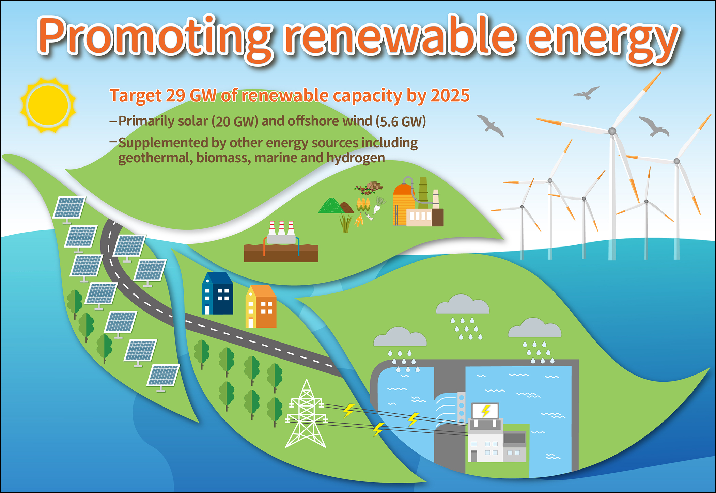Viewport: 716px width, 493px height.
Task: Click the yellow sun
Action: pyautogui.click(x=48, y=105)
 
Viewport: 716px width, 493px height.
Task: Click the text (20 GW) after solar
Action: pyautogui.click(x=235, y=122)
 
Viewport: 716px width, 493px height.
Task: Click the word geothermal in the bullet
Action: pyautogui.click(x=155, y=158)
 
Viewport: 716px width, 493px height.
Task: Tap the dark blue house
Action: pyautogui.click(x=218, y=293)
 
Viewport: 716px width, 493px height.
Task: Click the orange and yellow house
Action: pyautogui.click(x=261, y=306)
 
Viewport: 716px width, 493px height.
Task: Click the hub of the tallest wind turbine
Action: pyautogui.click(x=612, y=131)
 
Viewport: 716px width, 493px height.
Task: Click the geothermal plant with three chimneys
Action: pyautogui.click(x=281, y=241)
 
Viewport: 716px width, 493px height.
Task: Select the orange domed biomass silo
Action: pyautogui.click(x=404, y=204)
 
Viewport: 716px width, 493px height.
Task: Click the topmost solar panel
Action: pyautogui.click(x=69, y=207)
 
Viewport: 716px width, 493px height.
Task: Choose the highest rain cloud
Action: pyautogui.click(x=463, y=304)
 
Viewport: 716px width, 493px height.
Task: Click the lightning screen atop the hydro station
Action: pyautogui.click(x=485, y=411)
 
